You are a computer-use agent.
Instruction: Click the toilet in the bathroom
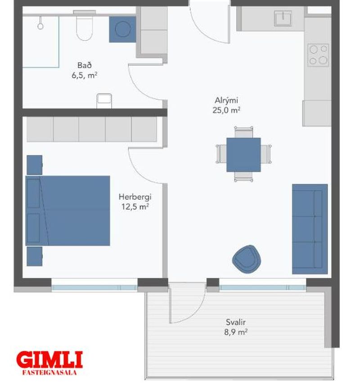click(x=84, y=26)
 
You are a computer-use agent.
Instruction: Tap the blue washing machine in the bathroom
click(x=122, y=29)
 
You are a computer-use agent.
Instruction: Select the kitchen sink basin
click(x=283, y=18)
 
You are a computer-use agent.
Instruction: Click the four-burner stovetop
click(x=318, y=55)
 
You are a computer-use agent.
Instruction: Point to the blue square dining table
click(x=243, y=155)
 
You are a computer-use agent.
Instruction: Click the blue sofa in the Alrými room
click(x=310, y=229)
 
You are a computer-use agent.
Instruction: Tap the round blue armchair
click(x=246, y=259)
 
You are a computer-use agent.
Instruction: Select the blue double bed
click(x=67, y=211)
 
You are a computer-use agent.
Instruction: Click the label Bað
click(x=85, y=65)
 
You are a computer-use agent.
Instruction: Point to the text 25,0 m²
click(x=226, y=110)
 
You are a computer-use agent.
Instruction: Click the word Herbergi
click(x=135, y=197)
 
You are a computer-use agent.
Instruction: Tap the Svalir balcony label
click(x=236, y=322)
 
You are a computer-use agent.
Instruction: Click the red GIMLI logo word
click(x=49, y=360)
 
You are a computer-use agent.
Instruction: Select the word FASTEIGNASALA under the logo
click(x=49, y=372)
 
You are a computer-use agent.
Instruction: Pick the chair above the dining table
click(x=243, y=132)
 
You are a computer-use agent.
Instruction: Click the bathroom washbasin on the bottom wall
click(x=104, y=101)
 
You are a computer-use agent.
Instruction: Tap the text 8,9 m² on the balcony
click(x=236, y=332)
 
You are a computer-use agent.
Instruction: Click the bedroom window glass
click(x=94, y=288)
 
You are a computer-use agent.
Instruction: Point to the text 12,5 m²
click(x=135, y=206)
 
